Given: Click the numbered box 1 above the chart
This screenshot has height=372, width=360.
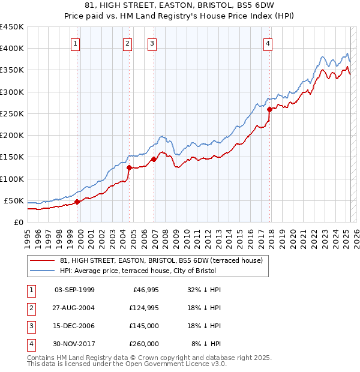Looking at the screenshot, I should click(76, 43).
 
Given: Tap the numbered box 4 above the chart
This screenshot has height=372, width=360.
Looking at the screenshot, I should click(268, 43).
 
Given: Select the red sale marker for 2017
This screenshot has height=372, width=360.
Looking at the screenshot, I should click(270, 109).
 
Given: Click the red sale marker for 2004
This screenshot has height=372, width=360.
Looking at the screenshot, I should click(130, 168).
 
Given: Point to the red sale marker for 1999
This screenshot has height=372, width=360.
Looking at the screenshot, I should click(77, 202).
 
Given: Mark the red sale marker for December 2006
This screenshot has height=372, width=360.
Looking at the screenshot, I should click(154, 159).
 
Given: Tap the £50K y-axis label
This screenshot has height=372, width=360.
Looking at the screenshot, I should click(14, 200).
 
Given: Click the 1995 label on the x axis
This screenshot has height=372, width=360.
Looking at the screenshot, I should click(27, 236).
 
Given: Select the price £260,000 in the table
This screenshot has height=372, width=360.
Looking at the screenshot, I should click(144, 344).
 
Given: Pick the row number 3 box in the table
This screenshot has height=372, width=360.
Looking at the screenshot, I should click(30, 326).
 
